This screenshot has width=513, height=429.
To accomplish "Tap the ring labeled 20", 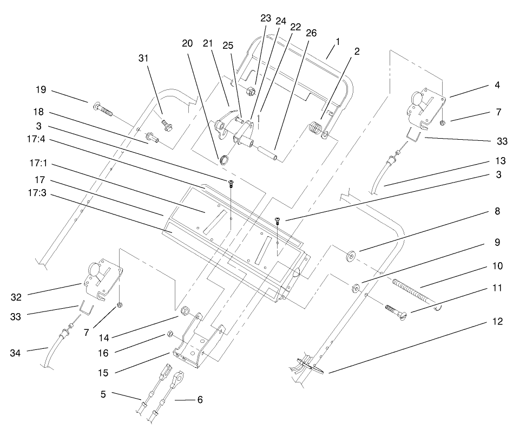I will coord(222,160).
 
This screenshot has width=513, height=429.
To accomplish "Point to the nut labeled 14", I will coord(184,310).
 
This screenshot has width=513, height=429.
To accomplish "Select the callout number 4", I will coord(496,85).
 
